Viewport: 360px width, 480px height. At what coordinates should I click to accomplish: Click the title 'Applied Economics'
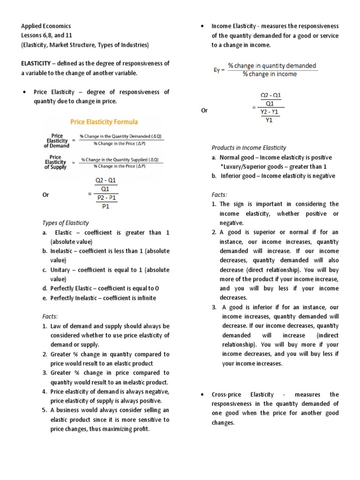point(46,26)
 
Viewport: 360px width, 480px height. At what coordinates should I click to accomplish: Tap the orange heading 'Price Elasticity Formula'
point(104,122)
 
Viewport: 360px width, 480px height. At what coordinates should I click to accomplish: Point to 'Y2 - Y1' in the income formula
point(270,112)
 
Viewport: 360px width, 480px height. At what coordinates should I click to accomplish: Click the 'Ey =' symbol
point(219,70)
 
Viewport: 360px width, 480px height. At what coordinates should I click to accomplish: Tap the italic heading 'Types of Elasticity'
point(66,223)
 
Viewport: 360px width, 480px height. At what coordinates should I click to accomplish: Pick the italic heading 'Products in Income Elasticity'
point(249,148)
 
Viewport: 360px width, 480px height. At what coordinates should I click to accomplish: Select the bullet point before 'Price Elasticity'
point(23,92)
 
